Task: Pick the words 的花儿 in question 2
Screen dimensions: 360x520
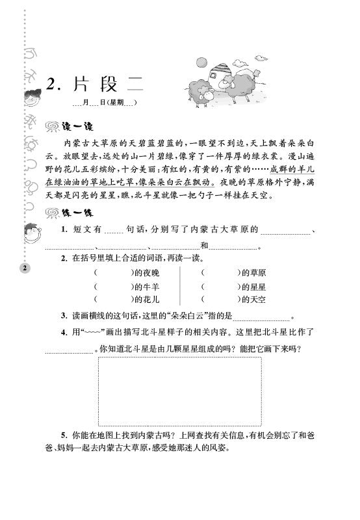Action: tap(146, 300)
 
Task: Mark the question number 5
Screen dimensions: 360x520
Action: tap(64, 434)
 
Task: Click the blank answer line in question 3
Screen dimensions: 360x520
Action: tap(261, 318)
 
